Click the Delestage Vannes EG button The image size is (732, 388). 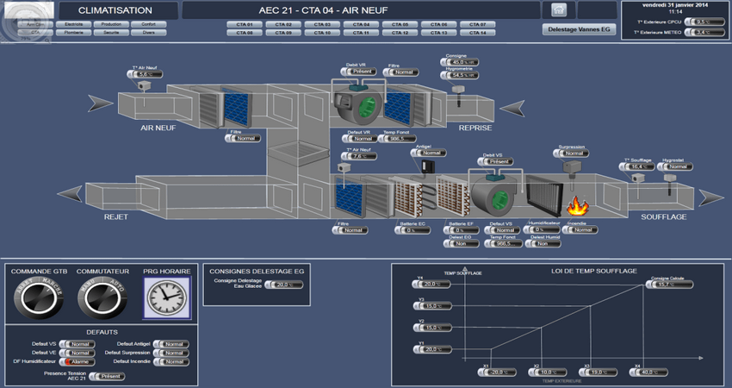click(580, 28)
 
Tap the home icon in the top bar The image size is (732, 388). click(557, 10)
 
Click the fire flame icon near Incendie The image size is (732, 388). click(575, 205)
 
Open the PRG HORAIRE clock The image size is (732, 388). click(167, 298)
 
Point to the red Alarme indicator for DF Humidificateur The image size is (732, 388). click(80, 362)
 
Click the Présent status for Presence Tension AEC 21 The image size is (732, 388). click(109, 377)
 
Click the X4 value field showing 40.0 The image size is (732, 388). click(652, 372)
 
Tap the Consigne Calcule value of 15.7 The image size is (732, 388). click(665, 285)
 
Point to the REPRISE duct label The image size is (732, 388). click(475, 128)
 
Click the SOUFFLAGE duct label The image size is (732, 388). click(663, 217)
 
